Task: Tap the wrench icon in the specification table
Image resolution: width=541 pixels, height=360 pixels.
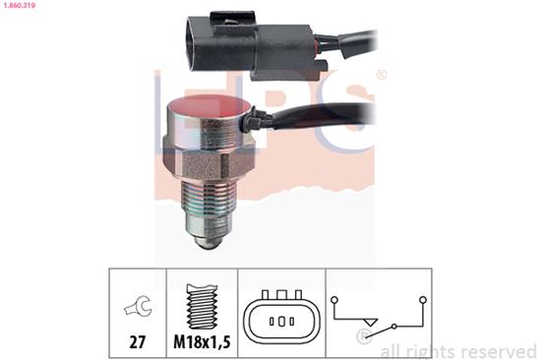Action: click(138, 305)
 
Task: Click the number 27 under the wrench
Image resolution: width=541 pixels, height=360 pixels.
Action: click(138, 342)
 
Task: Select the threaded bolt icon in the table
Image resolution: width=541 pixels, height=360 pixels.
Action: click(202, 306)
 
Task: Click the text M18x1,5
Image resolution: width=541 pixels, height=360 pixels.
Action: click(202, 342)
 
